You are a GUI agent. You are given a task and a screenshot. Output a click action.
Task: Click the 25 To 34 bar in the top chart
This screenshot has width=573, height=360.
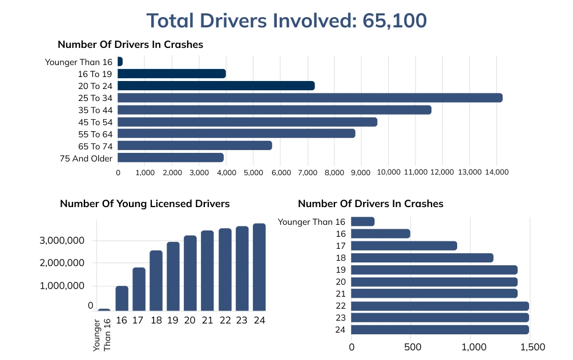pyautogui.click(x=310, y=98)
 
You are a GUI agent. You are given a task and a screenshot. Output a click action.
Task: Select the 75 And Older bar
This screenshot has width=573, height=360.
pyautogui.click(x=171, y=157)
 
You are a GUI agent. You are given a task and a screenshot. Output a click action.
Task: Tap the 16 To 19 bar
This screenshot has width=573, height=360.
pyautogui.click(x=172, y=74)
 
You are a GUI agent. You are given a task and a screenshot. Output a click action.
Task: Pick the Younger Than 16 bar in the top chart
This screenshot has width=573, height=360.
pyautogui.click(x=120, y=62)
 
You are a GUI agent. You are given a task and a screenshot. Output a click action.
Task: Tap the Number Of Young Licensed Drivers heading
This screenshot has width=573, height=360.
pyautogui.click(x=144, y=204)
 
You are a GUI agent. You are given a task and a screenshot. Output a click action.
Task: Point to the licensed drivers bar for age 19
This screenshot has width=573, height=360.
pyautogui.click(x=173, y=277)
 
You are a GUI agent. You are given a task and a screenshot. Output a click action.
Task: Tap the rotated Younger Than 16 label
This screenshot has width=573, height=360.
pyautogui.click(x=103, y=335)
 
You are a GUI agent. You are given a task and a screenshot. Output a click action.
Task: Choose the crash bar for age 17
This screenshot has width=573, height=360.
pyautogui.click(x=404, y=245)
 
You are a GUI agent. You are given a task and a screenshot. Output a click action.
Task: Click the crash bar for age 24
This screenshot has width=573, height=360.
pyautogui.click(x=439, y=329)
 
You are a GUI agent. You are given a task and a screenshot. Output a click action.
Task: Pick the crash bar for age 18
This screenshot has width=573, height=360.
pyautogui.click(x=422, y=257)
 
